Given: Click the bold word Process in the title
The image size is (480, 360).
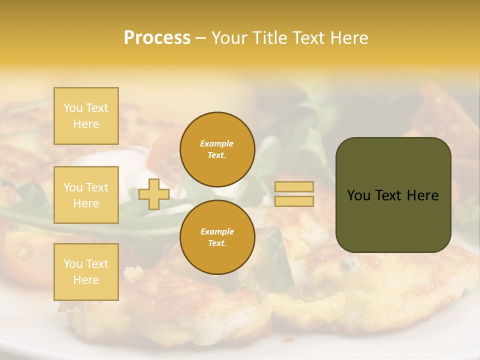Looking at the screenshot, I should pos(157,38).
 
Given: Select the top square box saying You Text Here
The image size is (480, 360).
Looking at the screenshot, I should pos(86,116).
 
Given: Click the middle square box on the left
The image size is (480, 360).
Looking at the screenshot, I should pos(86,195).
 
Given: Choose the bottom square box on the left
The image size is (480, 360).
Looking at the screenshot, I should pos(86,272).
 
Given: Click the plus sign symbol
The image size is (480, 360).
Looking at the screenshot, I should pos(154,194).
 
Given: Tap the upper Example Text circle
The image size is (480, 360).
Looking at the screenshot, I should pos(217,149).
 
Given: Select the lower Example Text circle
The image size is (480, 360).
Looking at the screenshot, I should pos(217,237).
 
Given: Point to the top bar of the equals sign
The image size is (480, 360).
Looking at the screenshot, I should pos(294,187).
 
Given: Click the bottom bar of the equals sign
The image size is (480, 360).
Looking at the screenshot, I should pos(294,201).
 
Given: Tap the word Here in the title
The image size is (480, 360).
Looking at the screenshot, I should pos(348,38).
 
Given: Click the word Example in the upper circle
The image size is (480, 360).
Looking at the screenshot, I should pos(217,143).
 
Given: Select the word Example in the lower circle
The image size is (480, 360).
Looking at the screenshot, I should pos(217,231).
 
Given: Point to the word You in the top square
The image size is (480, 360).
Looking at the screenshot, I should pos(73,108).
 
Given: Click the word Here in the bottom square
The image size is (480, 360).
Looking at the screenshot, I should pos(86,280).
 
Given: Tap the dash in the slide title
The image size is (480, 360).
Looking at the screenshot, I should pos(200,38).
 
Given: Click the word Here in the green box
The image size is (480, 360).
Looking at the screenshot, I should pos(423,195).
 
